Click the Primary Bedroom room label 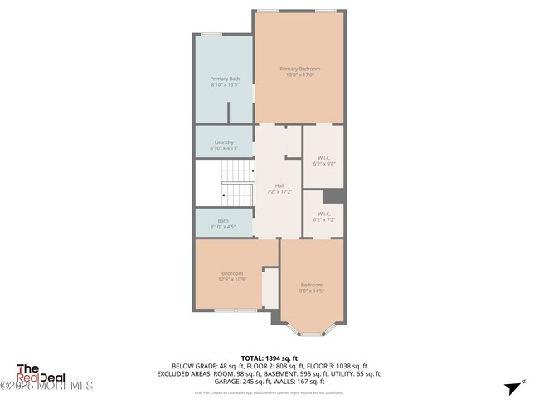299,69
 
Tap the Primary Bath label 224,79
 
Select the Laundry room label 224,142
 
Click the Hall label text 279,185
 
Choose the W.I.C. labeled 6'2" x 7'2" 323,217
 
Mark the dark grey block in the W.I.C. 333,195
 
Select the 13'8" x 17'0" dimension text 299,75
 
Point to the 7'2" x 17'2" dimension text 279,190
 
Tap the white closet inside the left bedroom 270,289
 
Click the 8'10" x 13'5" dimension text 224,84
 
